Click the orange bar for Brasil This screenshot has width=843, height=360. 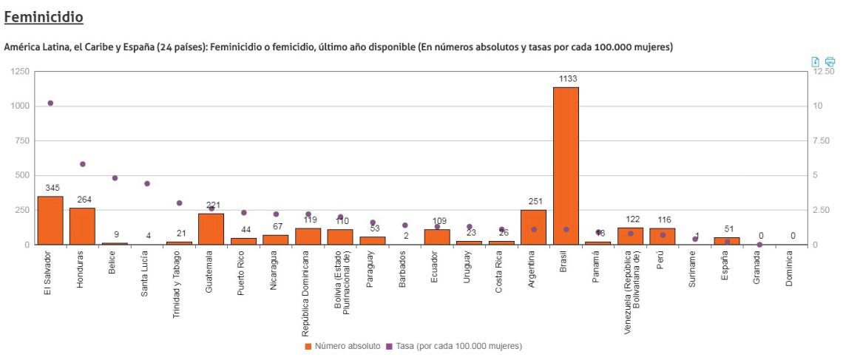coord(566,166)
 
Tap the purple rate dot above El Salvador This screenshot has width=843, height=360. coord(50,103)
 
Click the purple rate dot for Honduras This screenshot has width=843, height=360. coord(83,164)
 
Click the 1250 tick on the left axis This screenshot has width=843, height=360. coord(20,72)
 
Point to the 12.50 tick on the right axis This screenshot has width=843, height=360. coord(823,72)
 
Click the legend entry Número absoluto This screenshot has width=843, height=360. coord(342,346)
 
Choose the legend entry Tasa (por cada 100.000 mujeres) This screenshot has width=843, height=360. coord(453,346)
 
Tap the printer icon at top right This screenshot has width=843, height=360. coord(830,61)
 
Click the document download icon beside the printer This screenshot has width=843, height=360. coord(815,61)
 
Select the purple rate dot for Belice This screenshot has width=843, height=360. coord(115,178)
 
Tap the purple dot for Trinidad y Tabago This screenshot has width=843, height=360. coord(179,203)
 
